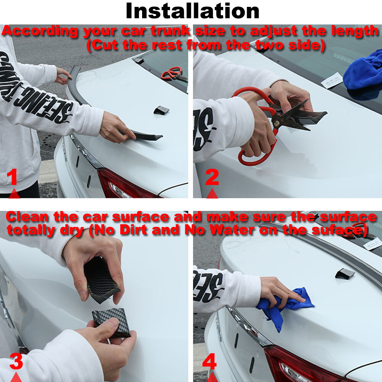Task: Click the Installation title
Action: click(193, 11)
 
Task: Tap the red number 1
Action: click(13, 178)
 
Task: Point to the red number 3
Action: click(16, 361)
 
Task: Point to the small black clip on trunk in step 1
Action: click(161, 110)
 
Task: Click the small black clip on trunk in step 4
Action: click(345, 273)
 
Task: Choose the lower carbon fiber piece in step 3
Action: click(111, 323)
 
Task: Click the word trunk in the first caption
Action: click(168, 31)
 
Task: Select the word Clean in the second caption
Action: click(28, 217)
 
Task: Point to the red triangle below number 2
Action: click(212, 194)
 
